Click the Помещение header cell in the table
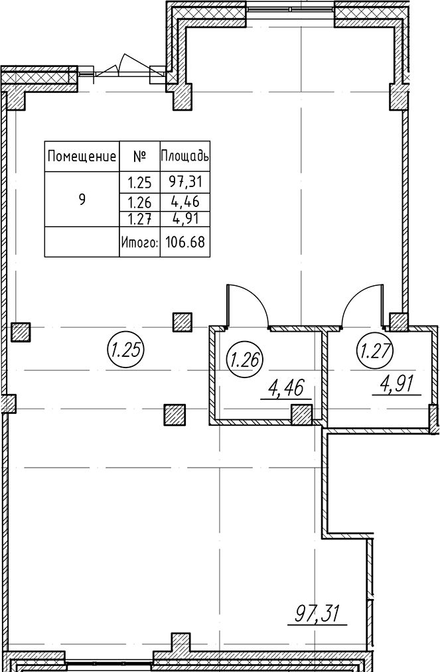click(82, 157)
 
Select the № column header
click(139, 157)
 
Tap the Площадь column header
click(185, 156)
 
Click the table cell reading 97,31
click(185, 182)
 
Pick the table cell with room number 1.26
click(139, 202)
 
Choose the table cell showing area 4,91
click(185, 218)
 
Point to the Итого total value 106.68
click(185, 242)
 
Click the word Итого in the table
click(140, 243)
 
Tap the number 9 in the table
click(82, 199)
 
